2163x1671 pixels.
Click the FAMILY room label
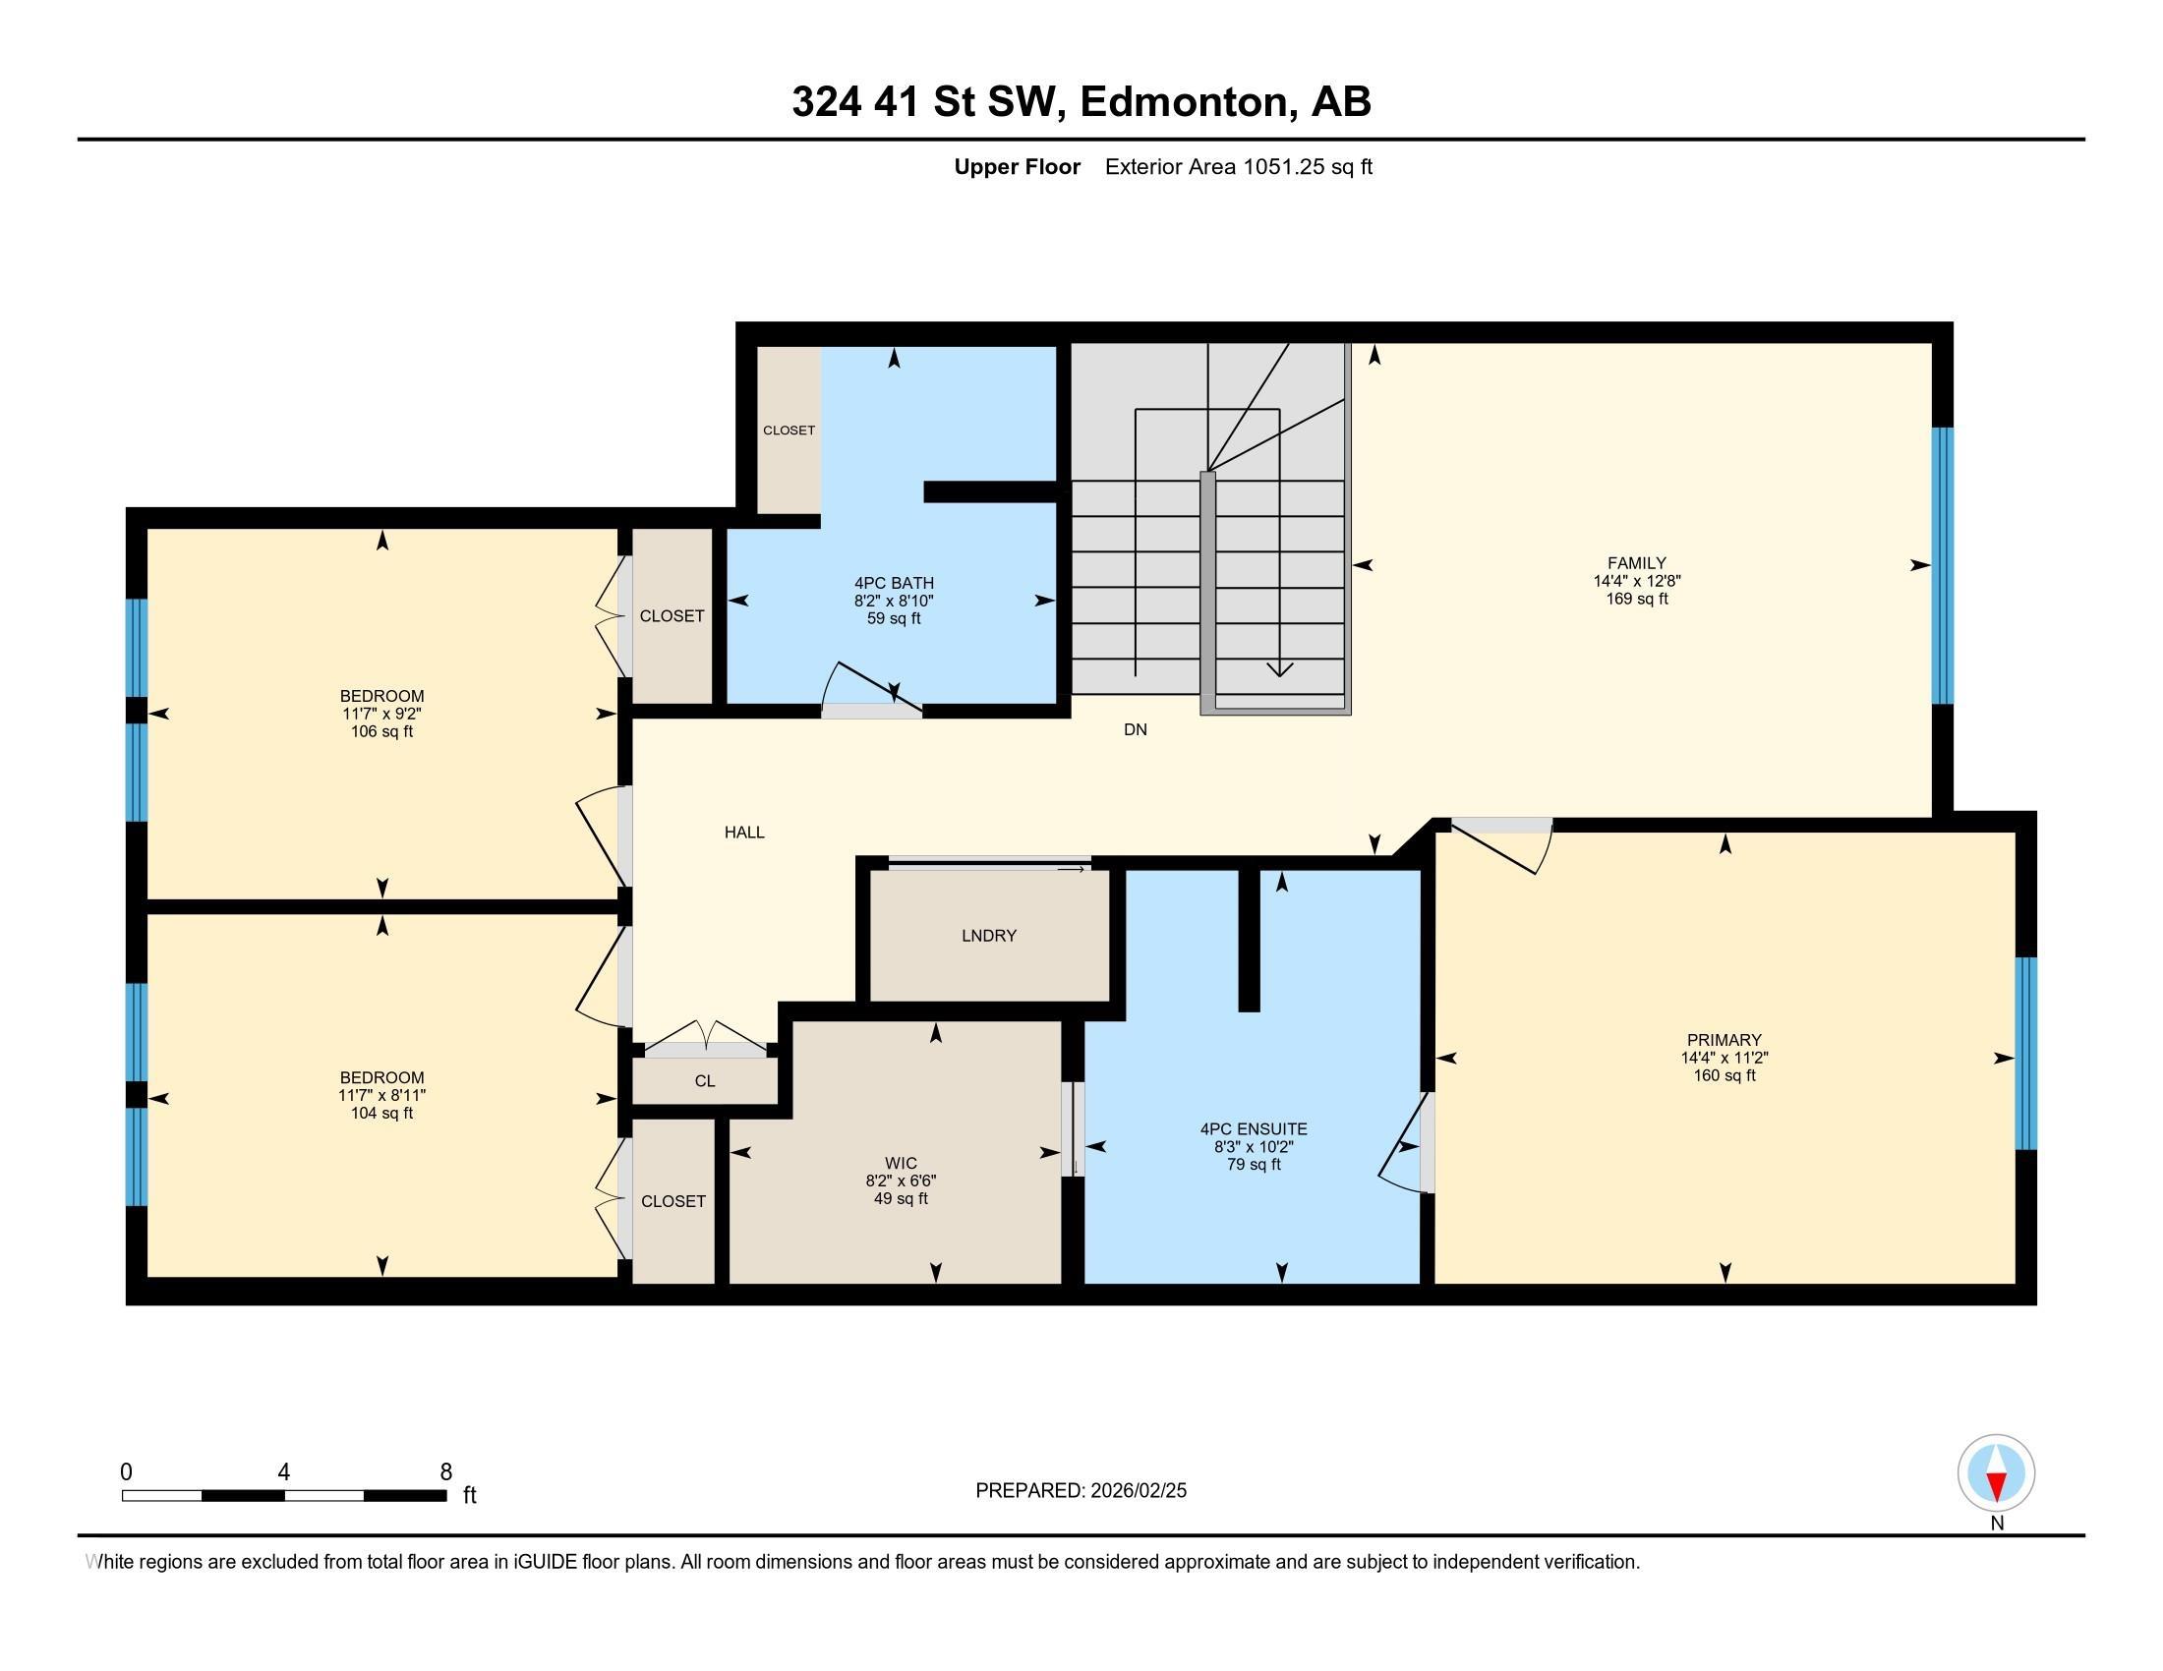click(1636, 562)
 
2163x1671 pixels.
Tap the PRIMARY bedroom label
click(1725, 1039)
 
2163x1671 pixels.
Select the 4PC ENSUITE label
click(1254, 1128)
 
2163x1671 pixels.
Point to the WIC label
click(901, 1163)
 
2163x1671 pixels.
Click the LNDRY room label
click(988, 936)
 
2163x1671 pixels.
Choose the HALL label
click(744, 833)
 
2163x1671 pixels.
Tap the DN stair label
click(1135, 729)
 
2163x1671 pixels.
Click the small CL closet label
click(704, 1081)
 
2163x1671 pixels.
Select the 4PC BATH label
click(894, 583)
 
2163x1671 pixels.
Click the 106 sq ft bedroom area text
click(381, 731)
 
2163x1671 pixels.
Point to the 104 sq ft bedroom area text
click(381, 1113)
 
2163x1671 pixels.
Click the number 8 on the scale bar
click(445, 1472)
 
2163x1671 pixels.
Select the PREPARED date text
click(1081, 1491)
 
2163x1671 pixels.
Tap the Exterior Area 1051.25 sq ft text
click(1238, 167)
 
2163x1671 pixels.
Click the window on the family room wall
click(1943, 565)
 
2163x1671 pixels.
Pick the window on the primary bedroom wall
click(2026, 1054)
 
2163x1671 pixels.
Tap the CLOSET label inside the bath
click(789, 431)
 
